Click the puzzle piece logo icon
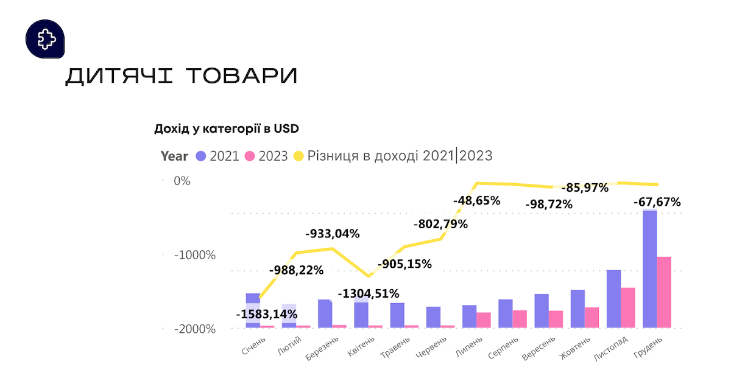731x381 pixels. (45, 40)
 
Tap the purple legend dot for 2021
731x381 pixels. (201, 156)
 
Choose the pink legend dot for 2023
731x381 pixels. (249, 156)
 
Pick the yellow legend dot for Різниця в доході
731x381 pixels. (298, 156)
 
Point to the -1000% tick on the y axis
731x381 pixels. (195, 255)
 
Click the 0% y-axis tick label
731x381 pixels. (182, 181)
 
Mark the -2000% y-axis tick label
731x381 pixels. (195, 329)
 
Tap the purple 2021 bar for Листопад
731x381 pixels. (613, 299)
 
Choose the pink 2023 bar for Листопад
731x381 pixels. (628, 307)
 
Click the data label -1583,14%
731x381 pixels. (267, 315)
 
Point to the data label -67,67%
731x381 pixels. (657, 202)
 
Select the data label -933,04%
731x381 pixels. (332, 234)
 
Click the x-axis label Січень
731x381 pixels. (253, 346)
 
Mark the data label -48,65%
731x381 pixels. (476, 200)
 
